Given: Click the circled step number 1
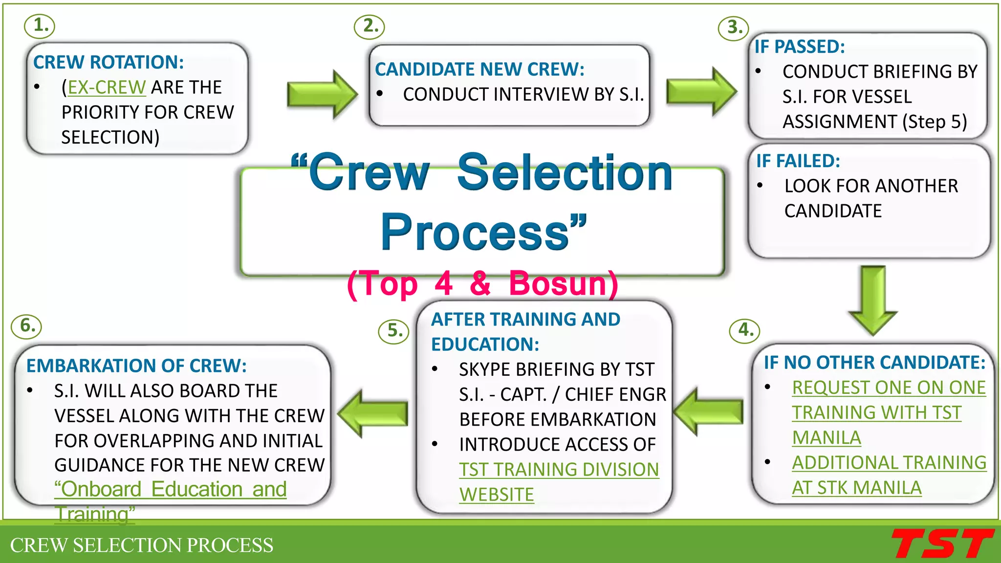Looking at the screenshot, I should click(x=40, y=25).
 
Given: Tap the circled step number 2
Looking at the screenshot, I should click(x=370, y=26).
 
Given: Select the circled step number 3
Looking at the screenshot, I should click(x=733, y=27).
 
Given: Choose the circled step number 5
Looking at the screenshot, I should click(x=393, y=331).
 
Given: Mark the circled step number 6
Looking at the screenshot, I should click(x=26, y=326).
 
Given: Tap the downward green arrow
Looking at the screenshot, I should click(x=873, y=299).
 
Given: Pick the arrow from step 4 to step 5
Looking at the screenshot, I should click(x=709, y=411).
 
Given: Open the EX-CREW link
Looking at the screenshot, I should click(x=107, y=87).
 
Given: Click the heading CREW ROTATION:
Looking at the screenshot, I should click(x=109, y=63).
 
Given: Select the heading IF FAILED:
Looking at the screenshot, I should click(x=798, y=161).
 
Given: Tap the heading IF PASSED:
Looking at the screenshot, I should click(x=800, y=47).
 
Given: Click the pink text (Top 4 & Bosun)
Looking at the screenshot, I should click(x=482, y=283).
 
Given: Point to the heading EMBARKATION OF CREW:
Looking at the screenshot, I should click(x=136, y=366).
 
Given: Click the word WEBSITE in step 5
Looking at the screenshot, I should click(x=497, y=495).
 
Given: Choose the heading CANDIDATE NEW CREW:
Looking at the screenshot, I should click(x=479, y=69).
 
